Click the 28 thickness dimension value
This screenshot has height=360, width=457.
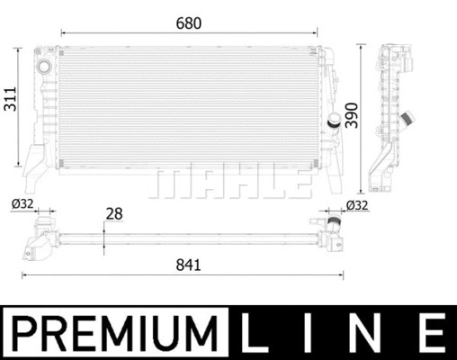(115, 214)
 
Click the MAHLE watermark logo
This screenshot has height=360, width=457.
(227, 183)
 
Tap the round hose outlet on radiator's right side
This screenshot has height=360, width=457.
(335, 121)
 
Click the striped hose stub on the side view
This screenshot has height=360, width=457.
(412, 120)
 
